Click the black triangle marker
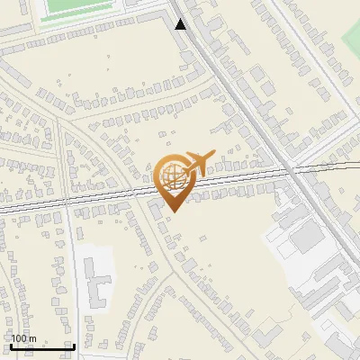(x=181, y=24)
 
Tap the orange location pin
(x=175, y=180)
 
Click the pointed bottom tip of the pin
(x=173, y=211)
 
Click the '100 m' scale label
(x=23, y=338)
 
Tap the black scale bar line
(x=41, y=347)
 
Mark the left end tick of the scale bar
(x=11, y=346)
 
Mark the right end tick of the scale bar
(x=72, y=346)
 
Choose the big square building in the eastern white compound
(x=309, y=236)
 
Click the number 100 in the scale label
(x=19, y=338)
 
